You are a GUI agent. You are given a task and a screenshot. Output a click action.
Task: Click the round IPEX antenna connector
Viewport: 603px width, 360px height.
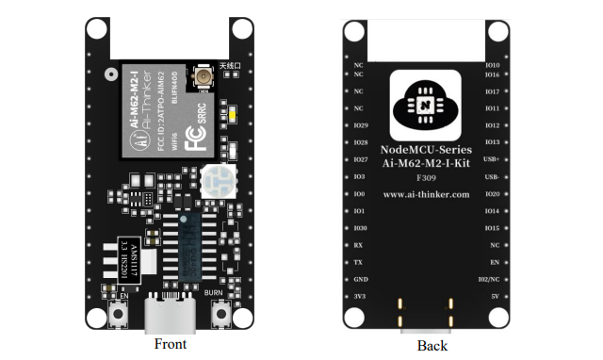pyautogui.click(x=203, y=76)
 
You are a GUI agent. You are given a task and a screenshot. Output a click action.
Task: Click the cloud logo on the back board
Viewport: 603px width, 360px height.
pyautogui.click(x=425, y=104)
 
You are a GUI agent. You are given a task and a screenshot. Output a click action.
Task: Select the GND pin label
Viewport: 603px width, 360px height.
pyautogui.click(x=360, y=280)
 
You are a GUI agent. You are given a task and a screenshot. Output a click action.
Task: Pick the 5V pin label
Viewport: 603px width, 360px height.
pyautogui.click(x=491, y=297)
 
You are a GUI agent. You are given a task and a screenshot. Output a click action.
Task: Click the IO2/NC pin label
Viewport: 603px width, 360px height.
pyautogui.click(x=489, y=280)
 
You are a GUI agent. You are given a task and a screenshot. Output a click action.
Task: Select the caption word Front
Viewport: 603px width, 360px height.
pyautogui.click(x=171, y=344)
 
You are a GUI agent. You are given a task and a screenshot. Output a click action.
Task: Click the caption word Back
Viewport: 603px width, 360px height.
pyautogui.click(x=432, y=346)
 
